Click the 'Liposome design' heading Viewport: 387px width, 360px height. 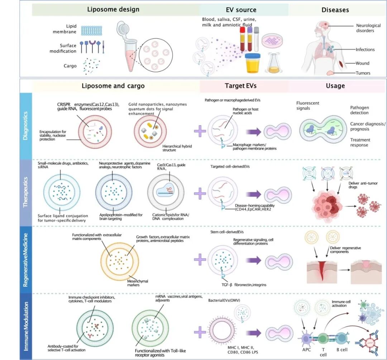[113, 9]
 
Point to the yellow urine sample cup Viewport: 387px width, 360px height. [254, 64]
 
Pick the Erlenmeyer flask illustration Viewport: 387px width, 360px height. [274, 63]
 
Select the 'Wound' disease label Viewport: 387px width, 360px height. [362, 63]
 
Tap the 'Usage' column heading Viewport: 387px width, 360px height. [335, 86]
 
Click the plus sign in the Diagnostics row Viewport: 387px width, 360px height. [200, 131]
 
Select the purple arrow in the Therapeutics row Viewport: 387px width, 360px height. [253, 194]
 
